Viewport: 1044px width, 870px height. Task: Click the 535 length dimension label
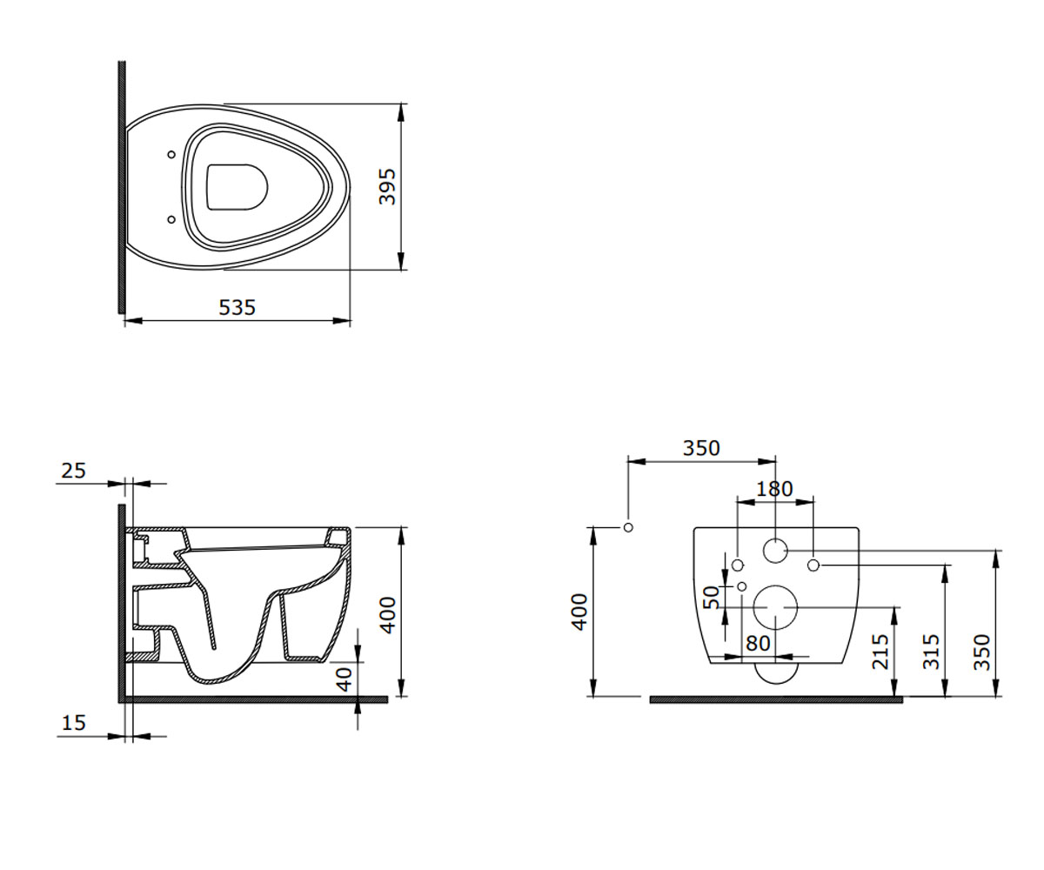[237, 307]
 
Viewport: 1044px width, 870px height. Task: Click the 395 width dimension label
[387, 186]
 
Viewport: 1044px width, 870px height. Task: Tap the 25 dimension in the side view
[73, 471]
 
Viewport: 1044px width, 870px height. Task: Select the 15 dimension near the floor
[73, 723]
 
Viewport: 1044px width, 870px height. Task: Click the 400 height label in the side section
[388, 615]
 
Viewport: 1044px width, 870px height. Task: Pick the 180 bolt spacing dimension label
[774, 489]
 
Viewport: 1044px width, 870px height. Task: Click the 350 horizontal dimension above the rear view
[701, 448]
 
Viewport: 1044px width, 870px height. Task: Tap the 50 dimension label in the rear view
[711, 597]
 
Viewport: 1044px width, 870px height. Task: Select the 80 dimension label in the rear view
[758, 643]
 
